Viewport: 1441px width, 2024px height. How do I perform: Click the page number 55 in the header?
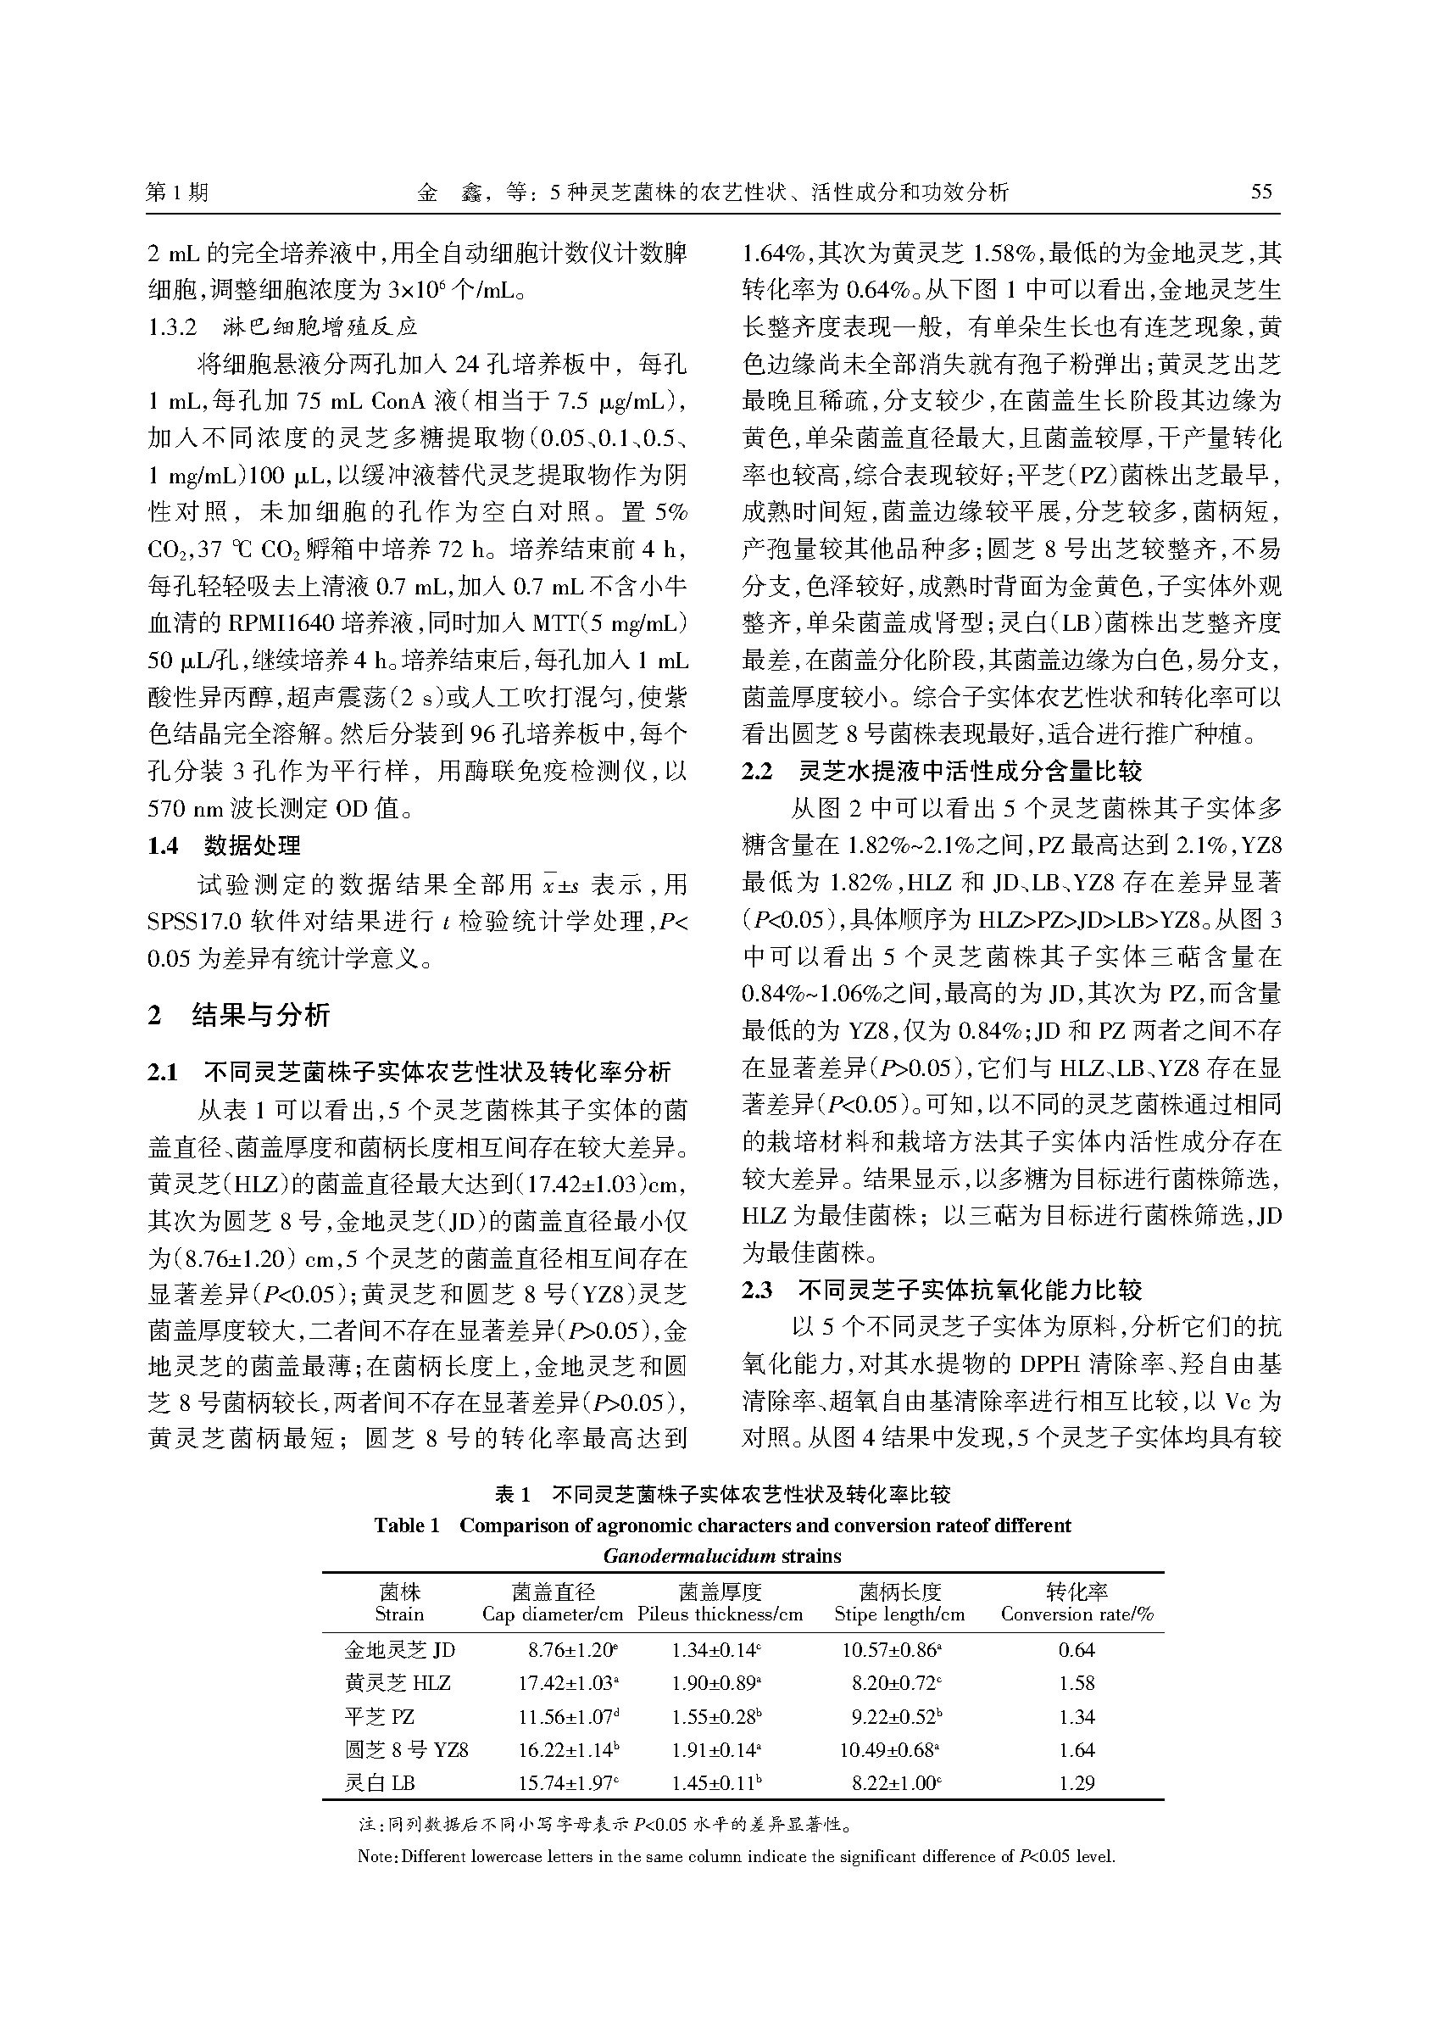point(1261,192)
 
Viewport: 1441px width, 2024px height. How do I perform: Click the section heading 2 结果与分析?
point(239,1015)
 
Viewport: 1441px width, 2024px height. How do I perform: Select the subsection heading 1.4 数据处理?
point(224,846)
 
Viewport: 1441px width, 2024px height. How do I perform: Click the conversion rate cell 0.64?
point(1077,1650)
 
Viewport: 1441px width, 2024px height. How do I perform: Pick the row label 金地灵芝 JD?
point(399,1650)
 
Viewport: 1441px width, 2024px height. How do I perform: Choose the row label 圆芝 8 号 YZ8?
point(406,1749)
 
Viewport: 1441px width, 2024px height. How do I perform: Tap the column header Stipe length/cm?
point(899,1614)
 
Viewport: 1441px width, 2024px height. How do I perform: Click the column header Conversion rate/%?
point(1077,1614)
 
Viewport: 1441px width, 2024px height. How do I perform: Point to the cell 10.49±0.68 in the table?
point(891,1749)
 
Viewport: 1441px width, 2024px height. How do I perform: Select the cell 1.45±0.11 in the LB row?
point(716,1782)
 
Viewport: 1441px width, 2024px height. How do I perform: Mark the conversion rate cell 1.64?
point(1077,1749)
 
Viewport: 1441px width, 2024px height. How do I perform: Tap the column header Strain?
point(399,1614)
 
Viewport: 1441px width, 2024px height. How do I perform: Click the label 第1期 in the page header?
point(176,192)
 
